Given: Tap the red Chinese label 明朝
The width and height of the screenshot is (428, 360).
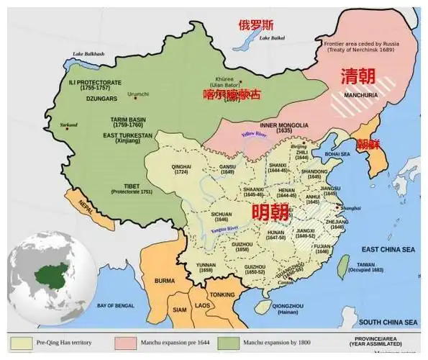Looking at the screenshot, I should click(270, 212).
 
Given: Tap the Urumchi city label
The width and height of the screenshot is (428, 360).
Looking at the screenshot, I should click(137, 94).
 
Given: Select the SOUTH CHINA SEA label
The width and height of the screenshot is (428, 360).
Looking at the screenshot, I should click(388, 321).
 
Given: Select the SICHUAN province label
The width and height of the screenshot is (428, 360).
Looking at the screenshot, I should click(222, 217).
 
